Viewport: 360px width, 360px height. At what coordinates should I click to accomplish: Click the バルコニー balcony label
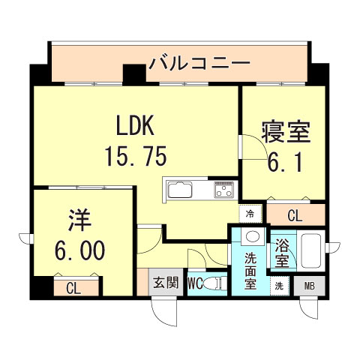tap(199, 63)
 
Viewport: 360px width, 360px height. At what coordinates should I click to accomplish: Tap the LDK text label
tap(135, 125)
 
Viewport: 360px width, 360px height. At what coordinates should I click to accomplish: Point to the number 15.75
tap(136, 156)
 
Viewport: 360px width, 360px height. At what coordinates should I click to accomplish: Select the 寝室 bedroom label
tap(286, 132)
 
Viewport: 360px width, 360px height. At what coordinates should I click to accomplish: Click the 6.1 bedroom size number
tap(285, 162)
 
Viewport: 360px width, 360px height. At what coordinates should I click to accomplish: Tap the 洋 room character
tap(79, 220)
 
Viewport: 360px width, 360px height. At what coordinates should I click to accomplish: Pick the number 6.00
tap(80, 250)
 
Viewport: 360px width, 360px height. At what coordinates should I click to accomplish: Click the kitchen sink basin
tap(180, 190)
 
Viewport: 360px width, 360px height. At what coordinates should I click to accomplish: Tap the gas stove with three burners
tap(224, 190)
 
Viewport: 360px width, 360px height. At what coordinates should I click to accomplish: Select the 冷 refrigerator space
tap(250, 214)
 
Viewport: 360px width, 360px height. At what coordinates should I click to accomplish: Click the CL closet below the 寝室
tap(295, 214)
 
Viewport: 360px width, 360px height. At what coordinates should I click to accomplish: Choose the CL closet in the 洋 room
tap(76, 286)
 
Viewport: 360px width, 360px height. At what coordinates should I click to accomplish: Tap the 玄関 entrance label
tap(166, 283)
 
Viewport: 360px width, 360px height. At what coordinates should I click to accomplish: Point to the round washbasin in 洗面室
tap(253, 236)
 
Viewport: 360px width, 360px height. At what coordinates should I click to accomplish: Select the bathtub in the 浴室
tap(311, 251)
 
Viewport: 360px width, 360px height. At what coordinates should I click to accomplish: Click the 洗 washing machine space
tap(279, 286)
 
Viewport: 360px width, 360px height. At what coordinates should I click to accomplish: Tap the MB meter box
tap(310, 286)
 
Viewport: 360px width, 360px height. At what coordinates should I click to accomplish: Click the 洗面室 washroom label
tap(250, 271)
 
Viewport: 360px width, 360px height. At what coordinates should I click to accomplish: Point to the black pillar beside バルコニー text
tap(134, 73)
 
